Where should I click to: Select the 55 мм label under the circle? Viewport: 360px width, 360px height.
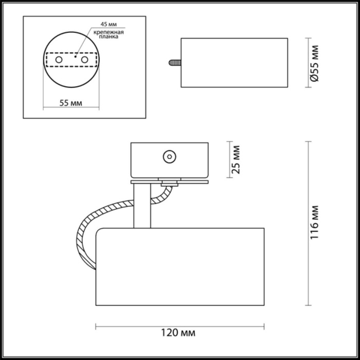(70, 102)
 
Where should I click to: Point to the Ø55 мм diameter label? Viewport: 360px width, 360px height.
(315, 63)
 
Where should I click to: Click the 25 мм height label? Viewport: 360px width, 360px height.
(236, 160)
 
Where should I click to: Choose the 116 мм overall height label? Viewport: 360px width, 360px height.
(315, 223)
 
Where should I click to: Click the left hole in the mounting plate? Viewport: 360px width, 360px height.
(59, 61)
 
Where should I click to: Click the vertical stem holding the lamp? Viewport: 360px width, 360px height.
(141, 206)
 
